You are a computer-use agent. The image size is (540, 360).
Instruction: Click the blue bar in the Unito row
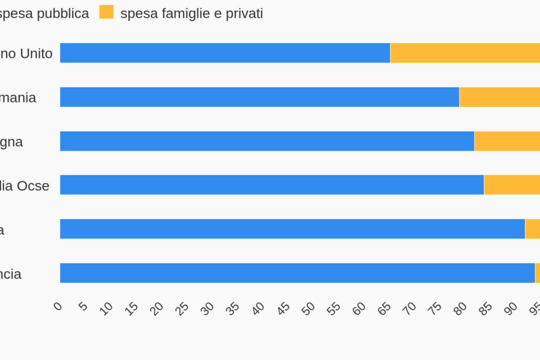pos(225,53)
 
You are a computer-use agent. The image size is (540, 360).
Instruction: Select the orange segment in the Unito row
pos(465,53)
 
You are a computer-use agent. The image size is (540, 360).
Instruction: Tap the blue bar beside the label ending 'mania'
pos(259,97)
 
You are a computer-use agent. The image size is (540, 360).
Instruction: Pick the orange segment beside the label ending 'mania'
pos(499,97)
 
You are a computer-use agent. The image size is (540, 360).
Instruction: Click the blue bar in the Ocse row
pos(272,185)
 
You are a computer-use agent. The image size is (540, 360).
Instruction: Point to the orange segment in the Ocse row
pos(512,185)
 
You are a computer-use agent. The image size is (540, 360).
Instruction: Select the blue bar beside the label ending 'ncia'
pos(297,273)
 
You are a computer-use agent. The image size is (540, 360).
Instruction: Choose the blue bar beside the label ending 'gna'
pos(267,141)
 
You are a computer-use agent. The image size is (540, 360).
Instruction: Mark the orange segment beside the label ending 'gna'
pos(507,141)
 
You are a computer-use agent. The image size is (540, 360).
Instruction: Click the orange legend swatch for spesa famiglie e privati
pos(106,12)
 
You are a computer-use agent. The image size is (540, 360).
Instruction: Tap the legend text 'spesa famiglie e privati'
pos(192,14)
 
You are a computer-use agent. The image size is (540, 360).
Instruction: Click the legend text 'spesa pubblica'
pos(44,14)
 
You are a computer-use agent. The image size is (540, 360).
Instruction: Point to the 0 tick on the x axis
pos(58,306)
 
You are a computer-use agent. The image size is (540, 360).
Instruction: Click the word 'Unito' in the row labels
pos(36,54)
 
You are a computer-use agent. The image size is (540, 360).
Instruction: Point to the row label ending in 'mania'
pos(18,98)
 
